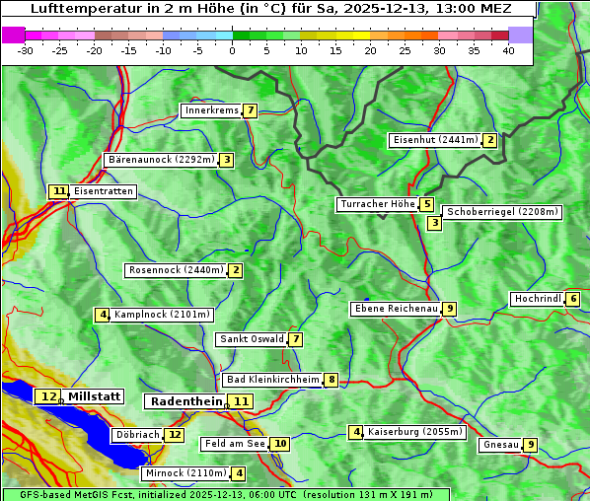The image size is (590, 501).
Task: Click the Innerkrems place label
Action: (x=211, y=110)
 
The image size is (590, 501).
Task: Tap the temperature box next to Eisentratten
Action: (x=59, y=191)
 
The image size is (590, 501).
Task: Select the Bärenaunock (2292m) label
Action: (x=160, y=160)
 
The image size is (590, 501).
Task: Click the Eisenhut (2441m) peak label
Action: (x=434, y=140)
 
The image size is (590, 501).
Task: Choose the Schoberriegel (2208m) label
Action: (x=502, y=212)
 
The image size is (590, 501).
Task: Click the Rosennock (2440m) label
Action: (x=175, y=270)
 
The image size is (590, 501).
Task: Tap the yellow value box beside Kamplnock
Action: (x=102, y=315)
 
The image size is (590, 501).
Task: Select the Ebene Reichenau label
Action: (x=396, y=309)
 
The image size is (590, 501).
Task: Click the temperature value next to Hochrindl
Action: (x=572, y=299)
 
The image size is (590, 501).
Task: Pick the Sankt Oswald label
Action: (x=251, y=339)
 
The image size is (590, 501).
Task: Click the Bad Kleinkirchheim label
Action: (x=272, y=380)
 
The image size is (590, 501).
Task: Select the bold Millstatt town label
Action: (x=94, y=396)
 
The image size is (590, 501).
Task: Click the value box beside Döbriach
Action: (x=175, y=434)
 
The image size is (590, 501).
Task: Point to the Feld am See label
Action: (x=235, y=444)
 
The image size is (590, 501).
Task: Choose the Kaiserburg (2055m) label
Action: (x=414, y=432)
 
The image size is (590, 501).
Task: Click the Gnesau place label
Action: (x=500, y=445)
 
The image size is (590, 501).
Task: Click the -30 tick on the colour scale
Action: (x=26, y=50)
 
